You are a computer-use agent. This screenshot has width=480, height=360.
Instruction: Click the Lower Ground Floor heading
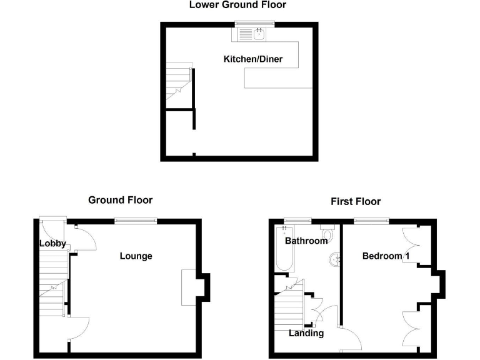click(237, 5)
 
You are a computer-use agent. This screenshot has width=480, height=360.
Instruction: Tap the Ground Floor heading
click(120, 201)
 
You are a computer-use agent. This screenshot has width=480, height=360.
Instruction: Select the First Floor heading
click(356, 201)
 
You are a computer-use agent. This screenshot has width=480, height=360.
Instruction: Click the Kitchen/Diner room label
click(253, 59)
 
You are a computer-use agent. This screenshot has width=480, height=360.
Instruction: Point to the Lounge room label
click(136, 256)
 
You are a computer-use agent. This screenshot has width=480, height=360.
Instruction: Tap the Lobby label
click(52, 244)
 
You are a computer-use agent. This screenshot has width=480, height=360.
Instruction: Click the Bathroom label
click(306, 241)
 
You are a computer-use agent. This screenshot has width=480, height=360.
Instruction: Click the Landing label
click(306, 333)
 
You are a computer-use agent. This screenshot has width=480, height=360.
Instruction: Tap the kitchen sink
click(258, 34)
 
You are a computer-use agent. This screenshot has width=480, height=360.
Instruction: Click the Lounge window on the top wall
click(135, 219)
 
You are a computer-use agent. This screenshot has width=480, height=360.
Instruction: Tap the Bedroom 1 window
click(371, 219)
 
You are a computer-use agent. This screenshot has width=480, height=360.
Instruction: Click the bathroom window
click(297, 219)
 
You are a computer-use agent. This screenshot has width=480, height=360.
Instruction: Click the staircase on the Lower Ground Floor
click(177, 84)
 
